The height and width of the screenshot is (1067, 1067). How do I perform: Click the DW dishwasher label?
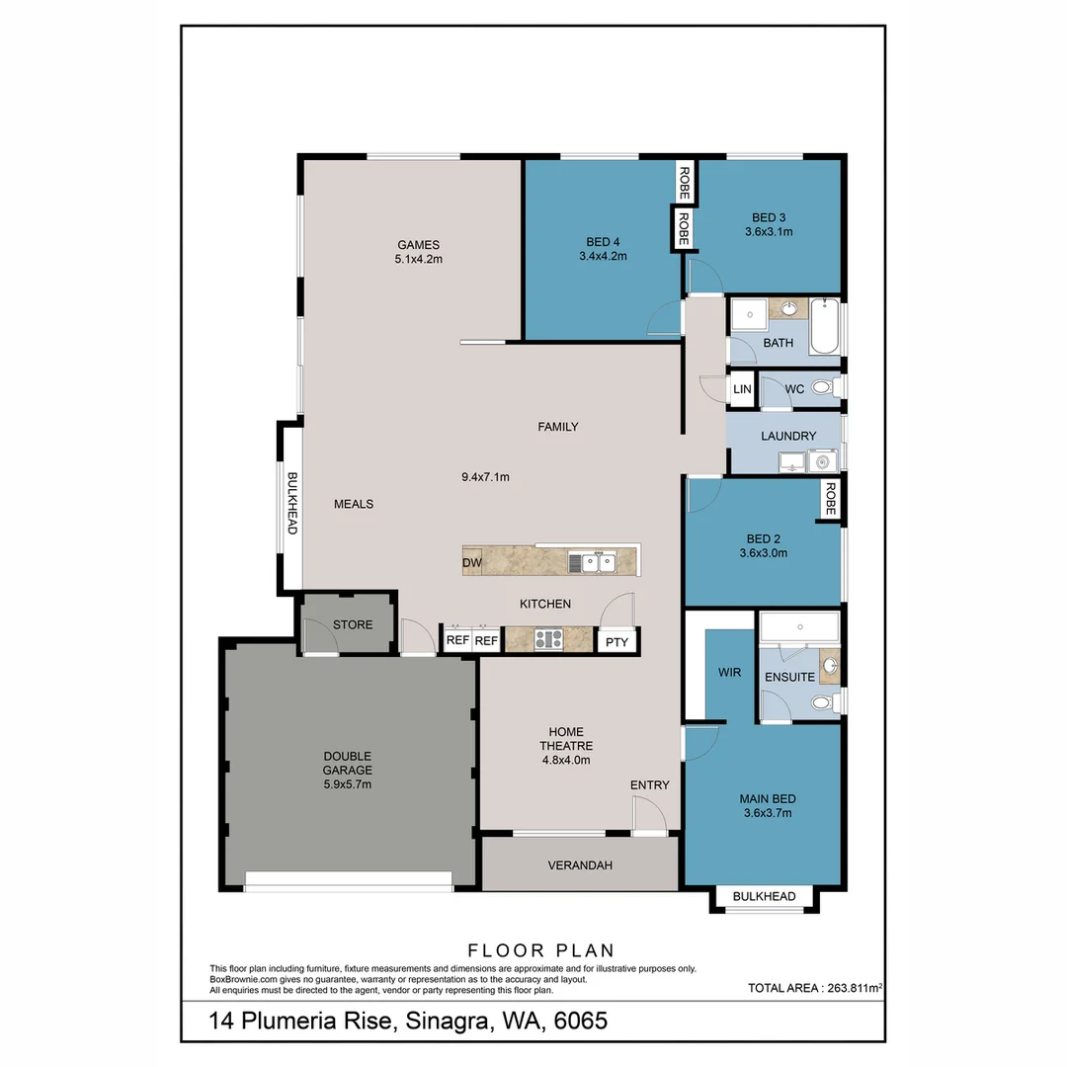(x=471, y=563)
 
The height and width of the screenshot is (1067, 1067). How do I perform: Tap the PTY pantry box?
(x=616, y=641)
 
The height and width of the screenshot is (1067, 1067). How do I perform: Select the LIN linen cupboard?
(x=742, y=389)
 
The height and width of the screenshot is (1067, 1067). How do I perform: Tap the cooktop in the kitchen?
(x=548, y=639)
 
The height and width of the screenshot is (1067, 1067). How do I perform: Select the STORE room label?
(x=353, y=624)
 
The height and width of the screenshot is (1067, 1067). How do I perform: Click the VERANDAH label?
(x=580, y=864)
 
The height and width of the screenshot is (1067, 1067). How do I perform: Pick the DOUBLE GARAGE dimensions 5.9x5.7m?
(x=347, y=783)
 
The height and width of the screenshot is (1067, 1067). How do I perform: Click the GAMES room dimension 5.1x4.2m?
(x=419, y=259)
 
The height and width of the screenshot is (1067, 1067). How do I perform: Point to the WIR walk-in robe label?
(x=729, y=673)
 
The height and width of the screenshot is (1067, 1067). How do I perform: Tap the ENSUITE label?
(x=789, y=677)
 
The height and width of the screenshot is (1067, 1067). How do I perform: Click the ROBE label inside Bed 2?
(x=830, y=499)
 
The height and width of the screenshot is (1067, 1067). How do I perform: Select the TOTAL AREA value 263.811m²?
(x=855, y=988)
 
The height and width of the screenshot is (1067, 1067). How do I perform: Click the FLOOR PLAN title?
(x=541, y=950)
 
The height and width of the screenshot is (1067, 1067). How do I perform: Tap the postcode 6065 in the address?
(x=581, y=1021)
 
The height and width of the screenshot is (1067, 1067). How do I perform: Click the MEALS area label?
(x=353, y=504)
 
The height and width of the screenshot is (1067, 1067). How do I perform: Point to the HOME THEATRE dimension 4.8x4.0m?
(x=565, y=760)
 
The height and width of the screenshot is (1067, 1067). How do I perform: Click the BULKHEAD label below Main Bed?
(x=764, y=896)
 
